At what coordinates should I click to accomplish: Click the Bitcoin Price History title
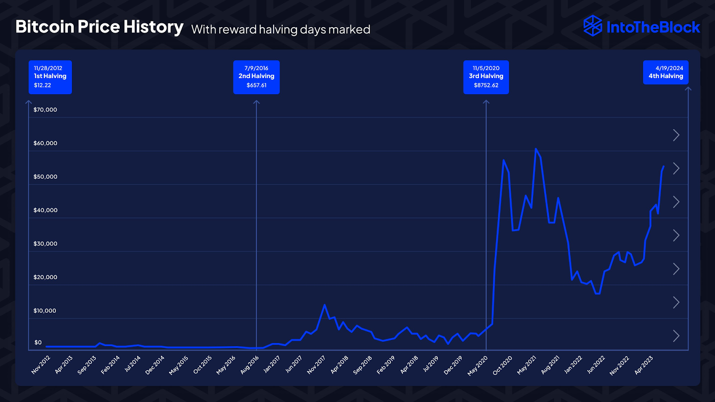coord(99,27)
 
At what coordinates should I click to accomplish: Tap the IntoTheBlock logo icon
coord(593,26)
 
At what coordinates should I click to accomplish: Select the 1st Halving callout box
coord(50,77)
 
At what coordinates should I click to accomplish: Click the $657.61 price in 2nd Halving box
coord(257,85)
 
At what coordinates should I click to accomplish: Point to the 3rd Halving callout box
coord(486,77)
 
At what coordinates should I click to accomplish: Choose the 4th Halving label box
coord(665,72)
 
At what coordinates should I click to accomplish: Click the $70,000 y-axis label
coord(45,110)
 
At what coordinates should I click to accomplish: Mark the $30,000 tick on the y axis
coord(45,244)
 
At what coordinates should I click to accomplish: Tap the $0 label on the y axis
coord(38,343)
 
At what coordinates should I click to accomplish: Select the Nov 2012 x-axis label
coord(41,364)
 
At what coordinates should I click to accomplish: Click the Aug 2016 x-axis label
coord(250,364)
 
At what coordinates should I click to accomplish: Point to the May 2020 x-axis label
coord(478,365)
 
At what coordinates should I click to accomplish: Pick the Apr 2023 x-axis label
coord(644,364)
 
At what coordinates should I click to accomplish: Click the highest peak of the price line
coord(536,149)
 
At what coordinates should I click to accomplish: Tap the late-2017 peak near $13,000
coord(324,305)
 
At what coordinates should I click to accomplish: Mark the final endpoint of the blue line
coord(663,167)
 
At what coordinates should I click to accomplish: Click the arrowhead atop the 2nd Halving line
coord(257,102)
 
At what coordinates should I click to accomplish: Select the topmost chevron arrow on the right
coord(676,135)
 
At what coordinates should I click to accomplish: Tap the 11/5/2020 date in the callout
coord(486,68)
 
